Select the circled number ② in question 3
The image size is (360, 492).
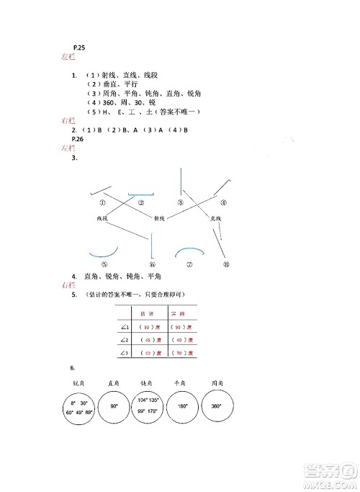[142, 202]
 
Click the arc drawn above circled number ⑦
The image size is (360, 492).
[190, 250]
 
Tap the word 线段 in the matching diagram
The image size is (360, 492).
[102, 217]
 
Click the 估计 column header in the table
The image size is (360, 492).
[147, 313]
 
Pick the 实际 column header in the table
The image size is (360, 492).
[177, 313]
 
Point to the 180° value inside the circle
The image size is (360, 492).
[184, 406]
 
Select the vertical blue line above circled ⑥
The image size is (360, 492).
[152, 249]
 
